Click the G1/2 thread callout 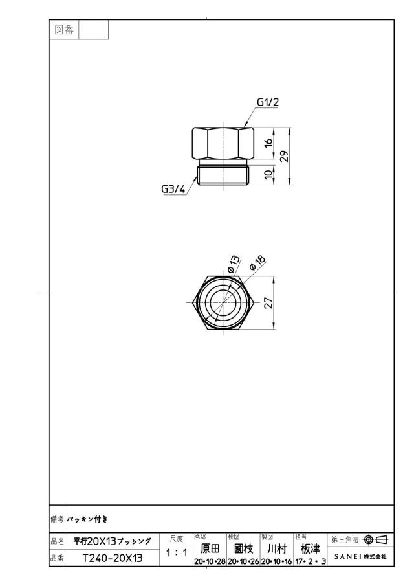(x=268, y=102)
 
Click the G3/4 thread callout (x=173, y=189)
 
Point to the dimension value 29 (x=285, y=156)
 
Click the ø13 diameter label (x=234, y=264)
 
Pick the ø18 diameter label (x=257, y=263)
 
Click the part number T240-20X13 (x=113, y=558)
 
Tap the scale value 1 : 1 (x=177, y=553)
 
